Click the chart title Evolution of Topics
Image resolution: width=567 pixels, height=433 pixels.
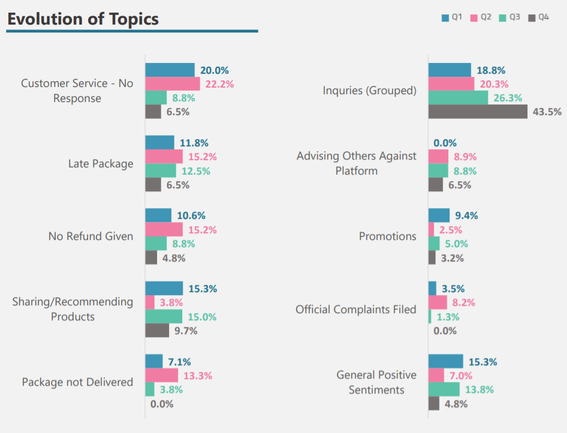(x=83, y=19)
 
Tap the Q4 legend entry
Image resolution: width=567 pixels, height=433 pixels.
(x=538, y=17)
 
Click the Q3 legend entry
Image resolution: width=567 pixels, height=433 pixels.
(x=509, y=17)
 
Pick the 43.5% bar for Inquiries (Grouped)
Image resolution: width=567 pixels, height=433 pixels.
(x=478, y=112)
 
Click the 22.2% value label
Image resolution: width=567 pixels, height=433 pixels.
(x=219, y=84)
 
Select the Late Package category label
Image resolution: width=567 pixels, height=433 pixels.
(x=101, y=164)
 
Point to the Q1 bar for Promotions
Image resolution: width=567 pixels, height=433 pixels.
(x=439, y=215)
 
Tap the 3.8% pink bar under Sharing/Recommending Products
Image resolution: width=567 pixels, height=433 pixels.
(x=150, y=302)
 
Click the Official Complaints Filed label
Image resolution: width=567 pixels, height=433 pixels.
(x=355, y=309)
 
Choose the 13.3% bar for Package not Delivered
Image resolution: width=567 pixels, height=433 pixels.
(x=162, y=375)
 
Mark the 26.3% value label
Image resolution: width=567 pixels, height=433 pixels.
(x=508, y=98)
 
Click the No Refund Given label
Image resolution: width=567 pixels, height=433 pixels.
(x=91, y=236)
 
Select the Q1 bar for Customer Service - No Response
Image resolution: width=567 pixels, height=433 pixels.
(x=170, y=70)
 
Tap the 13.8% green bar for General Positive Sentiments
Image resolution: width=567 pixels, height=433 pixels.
(x=444, y=389)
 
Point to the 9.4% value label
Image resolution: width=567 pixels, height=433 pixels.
(x=466, y=216)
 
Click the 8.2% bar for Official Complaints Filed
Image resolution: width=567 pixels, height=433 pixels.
(x=438, y=302)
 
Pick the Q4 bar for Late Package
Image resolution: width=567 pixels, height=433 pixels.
(x=153, y=185)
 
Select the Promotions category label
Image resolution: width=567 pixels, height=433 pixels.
(x=387, y=236)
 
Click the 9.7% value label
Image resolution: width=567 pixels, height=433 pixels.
(x=185, y=330)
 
